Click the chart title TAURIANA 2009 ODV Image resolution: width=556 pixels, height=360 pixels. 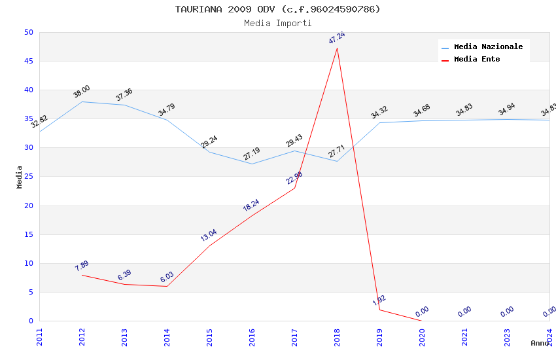[277, 9]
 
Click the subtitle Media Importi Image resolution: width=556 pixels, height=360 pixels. [277, 24]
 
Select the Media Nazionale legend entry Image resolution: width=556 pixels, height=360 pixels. [488, 47]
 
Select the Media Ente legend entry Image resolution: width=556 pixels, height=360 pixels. [476, 60]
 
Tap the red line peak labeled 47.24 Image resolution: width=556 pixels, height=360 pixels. [337, 38]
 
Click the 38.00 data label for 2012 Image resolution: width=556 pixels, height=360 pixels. [82, 92]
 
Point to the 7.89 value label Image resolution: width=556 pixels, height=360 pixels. [82, 266]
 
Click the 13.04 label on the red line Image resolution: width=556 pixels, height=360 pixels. [209, 236]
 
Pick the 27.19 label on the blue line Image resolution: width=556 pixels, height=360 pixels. [252, 154]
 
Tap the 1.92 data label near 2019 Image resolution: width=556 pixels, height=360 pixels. [379, 300]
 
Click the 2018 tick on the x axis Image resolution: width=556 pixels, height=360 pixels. [338, 336]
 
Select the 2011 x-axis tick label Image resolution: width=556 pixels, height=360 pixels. [40, 336]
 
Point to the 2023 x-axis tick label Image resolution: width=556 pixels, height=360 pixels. [508, 336]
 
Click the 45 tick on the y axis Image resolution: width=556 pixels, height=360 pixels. [28, 62]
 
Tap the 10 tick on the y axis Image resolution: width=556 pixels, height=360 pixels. [28, 264]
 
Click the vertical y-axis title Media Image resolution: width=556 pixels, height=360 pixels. [20, 177]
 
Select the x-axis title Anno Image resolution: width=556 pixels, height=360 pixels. [540, 343]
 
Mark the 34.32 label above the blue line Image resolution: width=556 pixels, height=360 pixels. [379, 113]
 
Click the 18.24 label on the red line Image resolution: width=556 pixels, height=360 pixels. [251, 205]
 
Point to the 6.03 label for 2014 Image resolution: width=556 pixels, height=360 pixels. [167, 278]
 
